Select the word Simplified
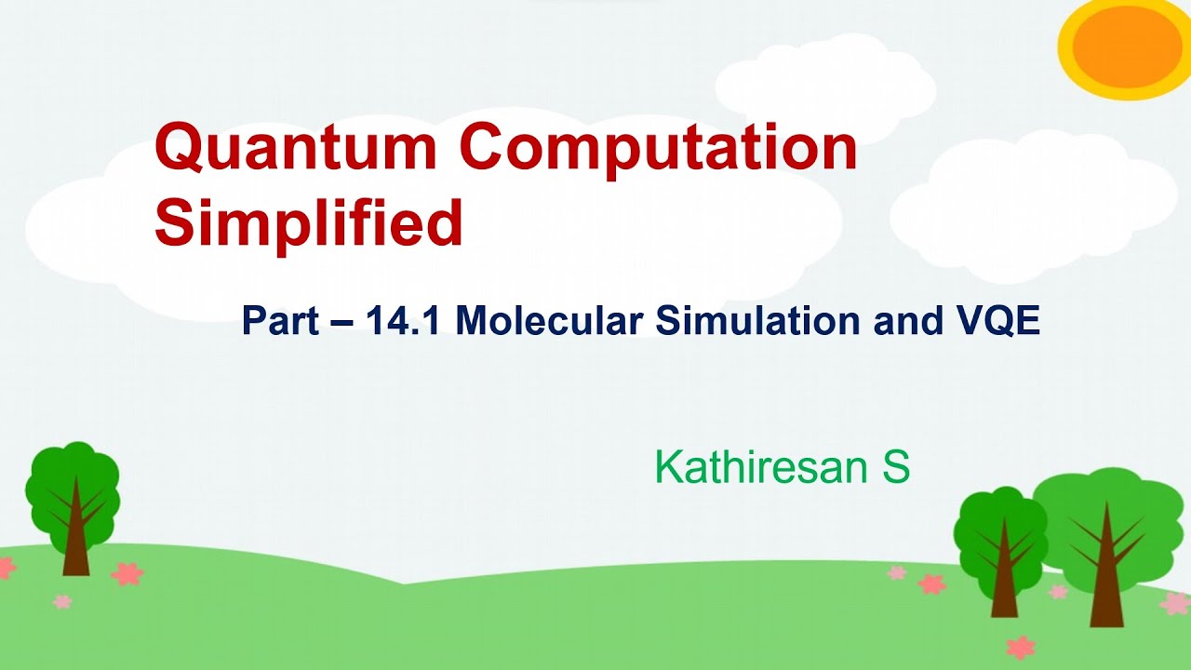(x=309, y=223)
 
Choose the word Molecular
(x=549, y=322)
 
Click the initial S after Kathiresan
(x=895, y=467)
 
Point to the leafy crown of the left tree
(x=72, y=484)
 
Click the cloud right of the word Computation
(x=1033, y=205)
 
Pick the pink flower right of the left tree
(x=127, y=573)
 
